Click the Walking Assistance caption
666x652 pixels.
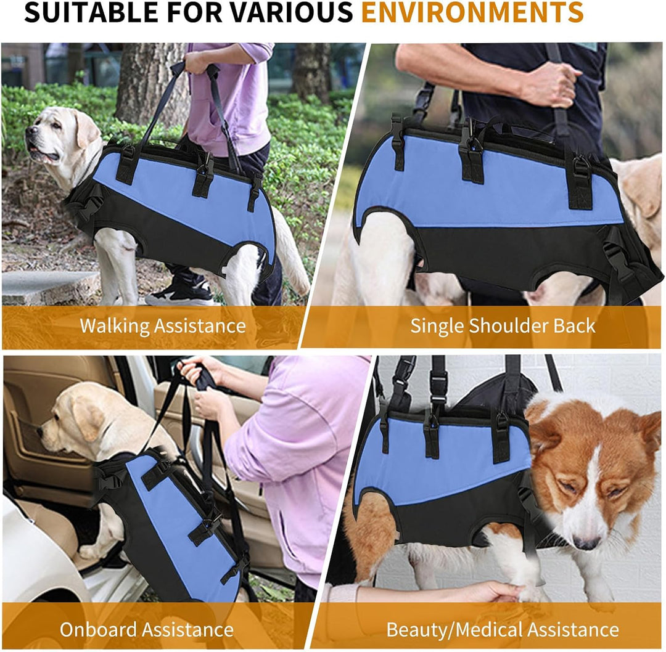coord(163,326)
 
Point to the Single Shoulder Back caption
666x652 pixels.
coord(503,326)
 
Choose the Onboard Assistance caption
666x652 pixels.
coord(147,629)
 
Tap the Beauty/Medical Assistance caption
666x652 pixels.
coord(503,629)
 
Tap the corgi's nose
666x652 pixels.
coord(586,543)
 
